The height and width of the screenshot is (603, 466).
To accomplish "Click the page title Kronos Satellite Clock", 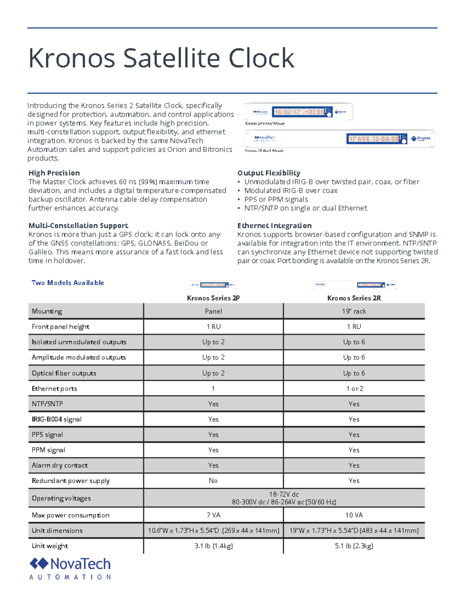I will point(161,58).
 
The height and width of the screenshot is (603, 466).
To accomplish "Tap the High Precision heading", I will point(54,173).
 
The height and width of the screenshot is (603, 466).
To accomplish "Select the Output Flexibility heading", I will point(269,173).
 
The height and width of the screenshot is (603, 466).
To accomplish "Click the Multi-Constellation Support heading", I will point(78,226).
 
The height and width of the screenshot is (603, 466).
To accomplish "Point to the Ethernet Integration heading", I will point(274,226).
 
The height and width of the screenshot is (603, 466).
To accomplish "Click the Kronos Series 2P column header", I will point(213,298).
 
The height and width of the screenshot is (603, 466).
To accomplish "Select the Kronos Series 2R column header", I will point(354,298).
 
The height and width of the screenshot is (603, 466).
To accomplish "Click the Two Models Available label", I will point(68,283).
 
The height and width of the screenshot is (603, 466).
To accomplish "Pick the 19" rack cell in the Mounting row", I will point(354,311).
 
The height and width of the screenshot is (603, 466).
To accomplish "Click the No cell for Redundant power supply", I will point(213,481).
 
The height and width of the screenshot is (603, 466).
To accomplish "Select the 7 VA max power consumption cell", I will point(213,515).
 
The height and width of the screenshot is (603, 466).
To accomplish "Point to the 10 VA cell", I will point(354,515).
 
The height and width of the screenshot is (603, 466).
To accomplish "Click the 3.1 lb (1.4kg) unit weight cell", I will point(214,546).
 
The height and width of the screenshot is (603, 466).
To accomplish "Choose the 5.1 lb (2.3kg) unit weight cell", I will point(354,546).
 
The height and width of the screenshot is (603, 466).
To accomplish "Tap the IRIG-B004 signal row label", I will point(57,419).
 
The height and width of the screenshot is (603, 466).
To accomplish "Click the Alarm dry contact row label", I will point(60,466).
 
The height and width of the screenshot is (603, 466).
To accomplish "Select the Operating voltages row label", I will point(61,498).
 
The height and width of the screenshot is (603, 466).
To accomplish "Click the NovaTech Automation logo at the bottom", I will point(70,568).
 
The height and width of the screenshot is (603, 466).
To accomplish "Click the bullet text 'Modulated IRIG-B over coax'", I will point(290,191).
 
